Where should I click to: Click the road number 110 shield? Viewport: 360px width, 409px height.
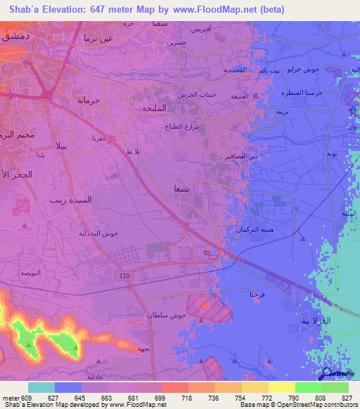[125, 276]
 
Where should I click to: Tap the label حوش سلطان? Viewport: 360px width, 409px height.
[167, 316]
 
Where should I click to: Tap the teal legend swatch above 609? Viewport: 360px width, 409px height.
[41, 387]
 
